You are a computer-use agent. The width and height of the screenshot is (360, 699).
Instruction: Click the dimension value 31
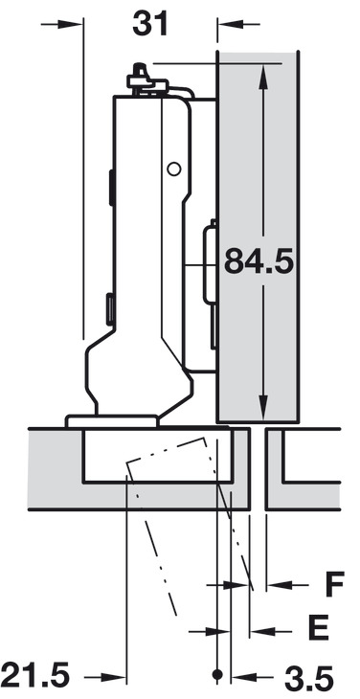(x=150, y=23)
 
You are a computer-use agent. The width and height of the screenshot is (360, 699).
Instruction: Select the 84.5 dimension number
(x=258, y=260)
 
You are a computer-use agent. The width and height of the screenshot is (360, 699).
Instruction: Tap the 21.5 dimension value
(x=36, y=676)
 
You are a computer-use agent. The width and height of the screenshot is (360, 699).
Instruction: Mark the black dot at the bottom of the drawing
(x=219, y=676)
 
